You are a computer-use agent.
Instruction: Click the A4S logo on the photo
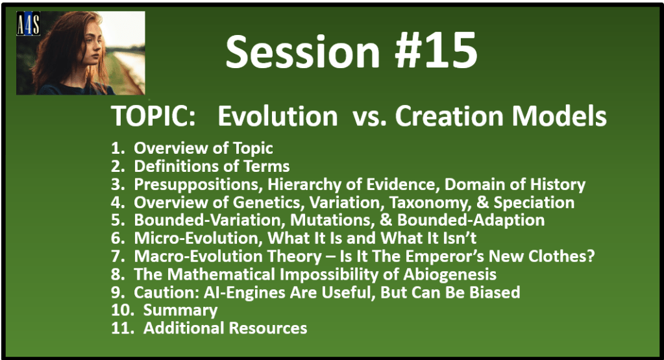tap(29, 24)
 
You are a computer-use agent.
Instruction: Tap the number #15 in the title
tap(436, 52)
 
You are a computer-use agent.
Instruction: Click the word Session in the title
tap(302, 52)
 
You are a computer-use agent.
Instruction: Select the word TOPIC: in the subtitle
tap(153, 116)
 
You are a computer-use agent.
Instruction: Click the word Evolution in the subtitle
tap(278, 116)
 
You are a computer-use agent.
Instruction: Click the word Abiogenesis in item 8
tap(450, 274)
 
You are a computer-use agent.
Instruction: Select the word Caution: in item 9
tap(167, 293)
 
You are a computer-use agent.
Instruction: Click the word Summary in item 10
tap(180, 311)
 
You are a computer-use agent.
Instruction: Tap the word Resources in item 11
tap(268, 328)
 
